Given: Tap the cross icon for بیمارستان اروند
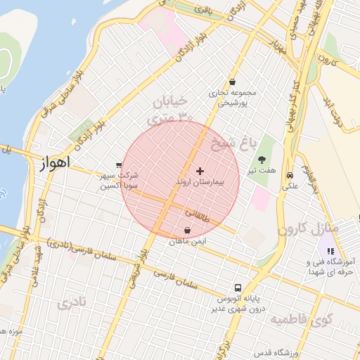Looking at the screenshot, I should pos(200,171).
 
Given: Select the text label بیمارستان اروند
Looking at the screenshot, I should pos(200,182).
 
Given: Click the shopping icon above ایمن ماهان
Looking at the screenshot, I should pos(187,231).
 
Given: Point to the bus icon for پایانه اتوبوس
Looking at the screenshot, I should pos(238,288).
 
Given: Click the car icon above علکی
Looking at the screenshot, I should pos(290,176).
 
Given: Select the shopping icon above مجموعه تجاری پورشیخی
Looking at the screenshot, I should pos(233,82).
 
